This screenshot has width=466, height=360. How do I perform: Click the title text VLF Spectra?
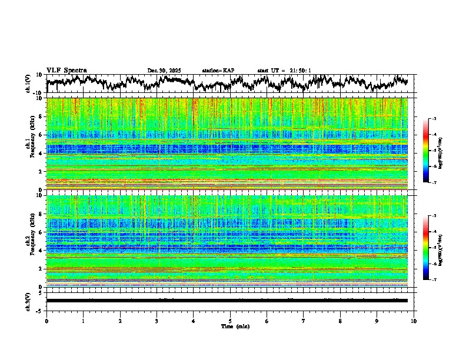[x=66, y=71]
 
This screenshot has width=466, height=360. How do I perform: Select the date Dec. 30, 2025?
[x=164, y=71]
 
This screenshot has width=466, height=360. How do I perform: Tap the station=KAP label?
[x=218, y=71]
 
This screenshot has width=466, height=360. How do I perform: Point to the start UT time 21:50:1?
[x=300, y=71]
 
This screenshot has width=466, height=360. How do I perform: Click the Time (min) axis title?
[x=235, y=326]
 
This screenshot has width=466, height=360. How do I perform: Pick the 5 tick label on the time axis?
[x=230, y=321]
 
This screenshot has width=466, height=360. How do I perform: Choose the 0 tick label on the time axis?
[x=46, y=321]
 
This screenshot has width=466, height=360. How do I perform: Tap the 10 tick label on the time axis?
[x=414, y=321]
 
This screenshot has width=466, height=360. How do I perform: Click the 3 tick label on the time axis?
[x=157, y=321]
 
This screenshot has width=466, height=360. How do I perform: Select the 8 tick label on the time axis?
[x=340, y=321]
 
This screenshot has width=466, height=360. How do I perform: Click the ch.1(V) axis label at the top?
[x=28, y=84]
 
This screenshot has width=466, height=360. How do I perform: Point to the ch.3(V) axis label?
[x=28, y=301]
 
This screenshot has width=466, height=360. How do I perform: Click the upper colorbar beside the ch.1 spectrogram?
[x=432, y=151]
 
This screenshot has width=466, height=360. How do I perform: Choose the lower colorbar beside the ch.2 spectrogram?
[x=432, y=248]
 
